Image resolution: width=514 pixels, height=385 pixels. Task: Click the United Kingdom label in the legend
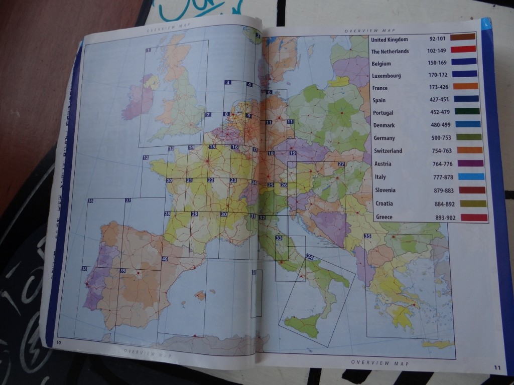point(390,40)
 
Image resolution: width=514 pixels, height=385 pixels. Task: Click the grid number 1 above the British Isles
point(148,50)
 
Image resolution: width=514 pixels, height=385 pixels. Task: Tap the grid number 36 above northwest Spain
point(90,201)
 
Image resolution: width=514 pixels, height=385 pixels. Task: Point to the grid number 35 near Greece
point(368,236)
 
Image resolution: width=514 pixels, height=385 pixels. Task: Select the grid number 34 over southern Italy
point(310,257)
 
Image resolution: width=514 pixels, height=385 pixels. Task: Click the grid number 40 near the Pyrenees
point(165,259)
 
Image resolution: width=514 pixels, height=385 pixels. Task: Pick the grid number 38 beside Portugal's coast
point(84,269)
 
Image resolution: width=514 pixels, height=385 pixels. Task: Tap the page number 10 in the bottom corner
point(59,342)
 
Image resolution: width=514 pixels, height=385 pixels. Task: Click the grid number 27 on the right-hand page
point(341,164)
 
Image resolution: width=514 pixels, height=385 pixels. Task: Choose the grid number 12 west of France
point(146,158)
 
